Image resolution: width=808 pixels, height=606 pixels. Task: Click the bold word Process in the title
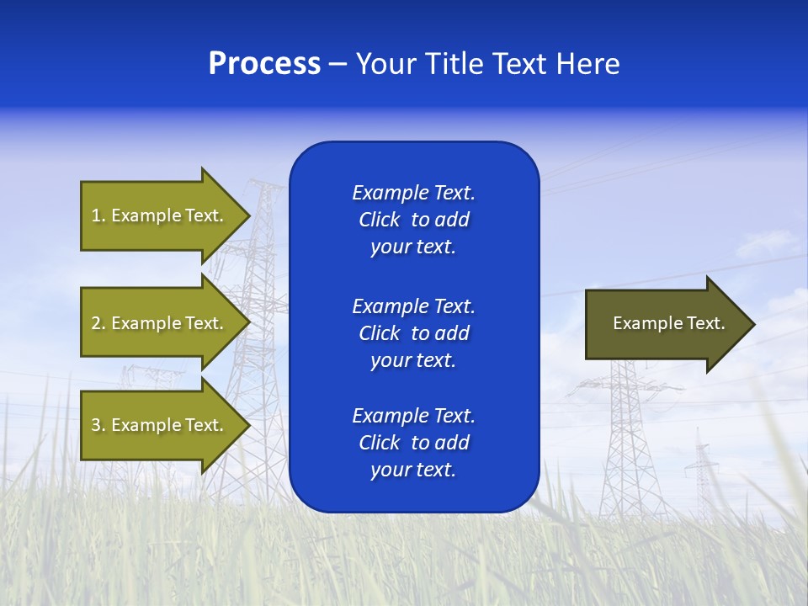[x=264, y=64]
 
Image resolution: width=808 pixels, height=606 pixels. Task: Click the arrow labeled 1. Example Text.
[x=160, y=215]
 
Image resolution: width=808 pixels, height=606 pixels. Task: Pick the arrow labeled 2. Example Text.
[x=160, y=323]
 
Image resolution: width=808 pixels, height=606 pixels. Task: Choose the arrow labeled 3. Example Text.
[x=160, y=425]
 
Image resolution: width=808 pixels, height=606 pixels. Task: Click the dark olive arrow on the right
[x=665, y=324]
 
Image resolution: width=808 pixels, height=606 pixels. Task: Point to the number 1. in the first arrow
[x=98, y=215]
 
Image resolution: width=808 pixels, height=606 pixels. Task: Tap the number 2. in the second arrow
[x=98, y=323]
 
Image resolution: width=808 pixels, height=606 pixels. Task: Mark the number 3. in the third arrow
[x=98, y=425]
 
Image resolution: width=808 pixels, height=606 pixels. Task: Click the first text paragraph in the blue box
[x=413, y=220]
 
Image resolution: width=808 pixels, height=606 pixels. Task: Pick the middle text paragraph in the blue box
[x=413, y=333]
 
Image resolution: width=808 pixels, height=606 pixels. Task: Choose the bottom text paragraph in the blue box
[x=413, y=443]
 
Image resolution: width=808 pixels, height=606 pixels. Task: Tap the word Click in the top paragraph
[x=379, y=220]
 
